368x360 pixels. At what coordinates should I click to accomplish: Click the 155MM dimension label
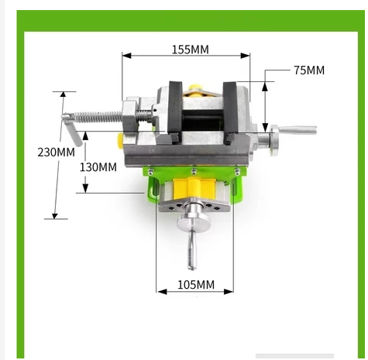click(191, 50)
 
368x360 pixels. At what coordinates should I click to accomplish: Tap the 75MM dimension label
click(309, 70)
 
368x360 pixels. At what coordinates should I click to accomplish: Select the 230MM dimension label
click(56, 152)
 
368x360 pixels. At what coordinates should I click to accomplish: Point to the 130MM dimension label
click(98, 167)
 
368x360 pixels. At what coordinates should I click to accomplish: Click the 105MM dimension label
click(196, 285)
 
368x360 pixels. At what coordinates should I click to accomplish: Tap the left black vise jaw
click(175, 110)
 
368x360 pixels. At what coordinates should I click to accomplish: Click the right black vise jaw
click(230, 111)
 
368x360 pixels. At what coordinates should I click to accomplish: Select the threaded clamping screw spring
click(98, 118)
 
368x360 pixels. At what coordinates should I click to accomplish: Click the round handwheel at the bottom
click(194, 221)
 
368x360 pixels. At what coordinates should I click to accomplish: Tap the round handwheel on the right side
click(274, 140)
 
